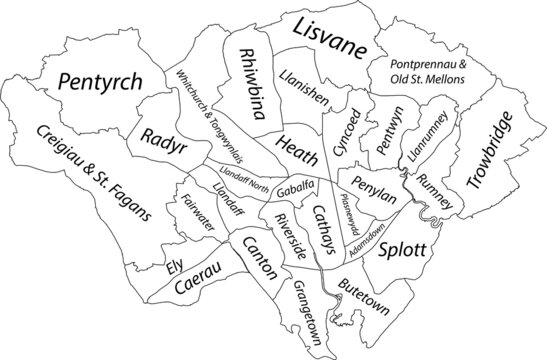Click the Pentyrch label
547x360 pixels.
pyautogui.click(x=99, y=83)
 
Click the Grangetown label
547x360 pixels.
pyautogui.click(x=308, y=312)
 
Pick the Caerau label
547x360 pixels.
pyautogui.click(x=197, y=284)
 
